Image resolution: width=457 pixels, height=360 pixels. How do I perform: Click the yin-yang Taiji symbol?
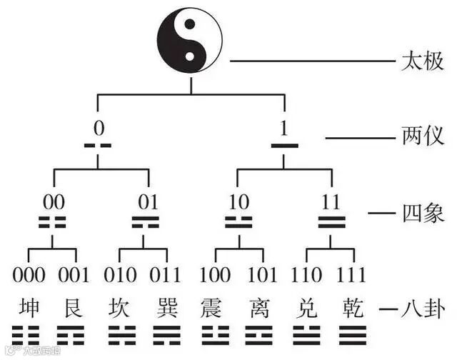pos(190,39)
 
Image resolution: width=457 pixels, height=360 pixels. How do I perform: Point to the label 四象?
pos(421,212)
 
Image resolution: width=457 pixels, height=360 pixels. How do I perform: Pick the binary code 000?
pos(29,275)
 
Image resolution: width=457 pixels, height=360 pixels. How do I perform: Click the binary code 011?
pos(167,275)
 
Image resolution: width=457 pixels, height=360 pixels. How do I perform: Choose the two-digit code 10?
pos(238,202)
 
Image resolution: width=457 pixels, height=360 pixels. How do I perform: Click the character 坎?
pos(121,309)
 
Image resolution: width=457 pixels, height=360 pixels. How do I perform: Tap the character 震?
pos(215,309)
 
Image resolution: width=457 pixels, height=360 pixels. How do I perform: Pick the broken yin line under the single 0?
pos(99,146)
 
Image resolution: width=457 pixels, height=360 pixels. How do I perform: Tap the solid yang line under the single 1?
pos(283,146)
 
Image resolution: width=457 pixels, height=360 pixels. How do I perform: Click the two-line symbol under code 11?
pos(331,221)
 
